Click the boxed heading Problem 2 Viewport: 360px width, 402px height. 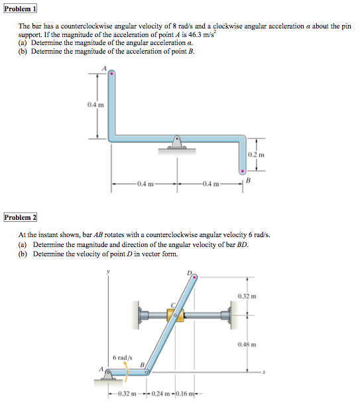(20, 217)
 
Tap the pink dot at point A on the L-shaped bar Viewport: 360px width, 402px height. (111, 75)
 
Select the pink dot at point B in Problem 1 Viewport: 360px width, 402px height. (243, 171)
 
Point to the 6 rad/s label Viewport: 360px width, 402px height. (122, 358)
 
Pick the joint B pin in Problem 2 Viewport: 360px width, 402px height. (147, 373)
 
